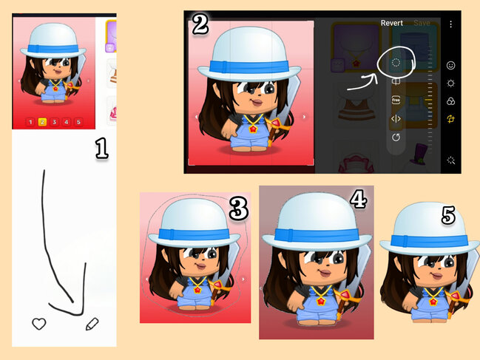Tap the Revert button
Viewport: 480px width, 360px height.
click(x=391, y=23)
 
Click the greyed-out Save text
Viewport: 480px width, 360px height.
click(x=422, y=23)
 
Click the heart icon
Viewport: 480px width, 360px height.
click(x=39, y=324)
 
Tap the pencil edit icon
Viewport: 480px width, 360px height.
click(x=92, y=324)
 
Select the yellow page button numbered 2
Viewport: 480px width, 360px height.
click(x=42, y=122)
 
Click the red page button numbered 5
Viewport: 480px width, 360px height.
click(x=78, y=122)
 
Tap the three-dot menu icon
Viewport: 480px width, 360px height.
click(x=450, y=24)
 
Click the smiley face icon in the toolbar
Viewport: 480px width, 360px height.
click(x=450, y=65)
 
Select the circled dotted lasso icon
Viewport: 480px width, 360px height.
click(x=396, y=62)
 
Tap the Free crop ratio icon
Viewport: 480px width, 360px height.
click(x=396, y=100)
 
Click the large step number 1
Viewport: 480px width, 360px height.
click(x=101, y=149)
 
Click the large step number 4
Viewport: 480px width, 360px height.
click(x=359, y=199)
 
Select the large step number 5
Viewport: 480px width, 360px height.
click(x=448, y=215)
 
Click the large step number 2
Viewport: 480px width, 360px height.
click(x=200, y=24)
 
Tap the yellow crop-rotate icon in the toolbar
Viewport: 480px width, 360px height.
click(x=450, y=119)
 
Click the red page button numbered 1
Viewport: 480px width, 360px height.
click(x=30, y=122)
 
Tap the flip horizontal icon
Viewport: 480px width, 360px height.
click(x=396, y=119)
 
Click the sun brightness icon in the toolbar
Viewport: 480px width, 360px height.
click(x=450, y=84)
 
